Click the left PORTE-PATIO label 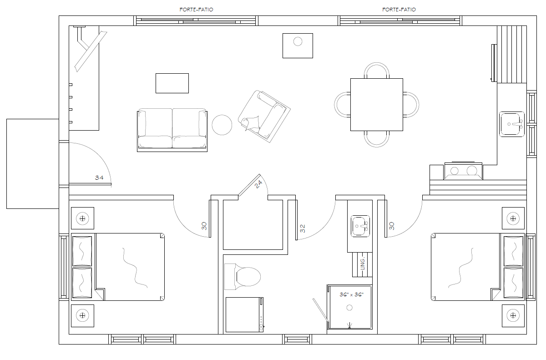pos(196,10)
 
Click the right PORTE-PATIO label pos(399,10)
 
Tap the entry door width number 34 pos(99,177)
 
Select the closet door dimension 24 pos(258,184)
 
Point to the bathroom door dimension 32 pos(303,228)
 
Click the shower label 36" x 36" pos(351,294)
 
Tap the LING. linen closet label pos(363,263)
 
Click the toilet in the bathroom pos(242,277)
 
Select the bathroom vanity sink pos(360,226)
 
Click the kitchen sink pos(512,124)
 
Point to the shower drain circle pos(349,308)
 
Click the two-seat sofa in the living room pos(172,130)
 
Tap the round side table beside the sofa pos(222,125)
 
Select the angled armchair pos(264,116)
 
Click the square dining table pos(377,105)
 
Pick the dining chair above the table pos(377,70)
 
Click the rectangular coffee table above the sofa pos(172,83)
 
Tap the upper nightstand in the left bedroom pos(82,218)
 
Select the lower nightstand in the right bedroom pos(513,315)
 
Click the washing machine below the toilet pos(244,314)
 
